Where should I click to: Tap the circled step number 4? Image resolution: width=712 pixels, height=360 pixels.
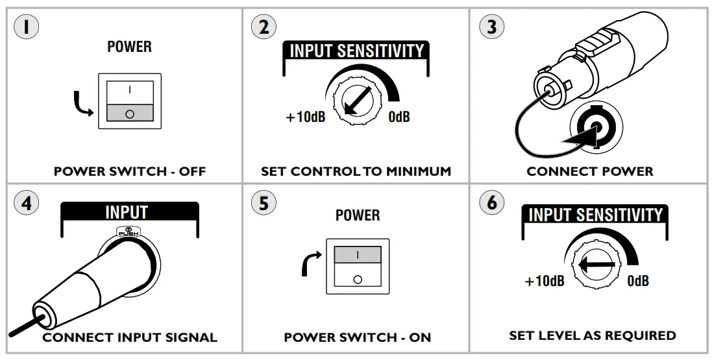(x=26, y=202)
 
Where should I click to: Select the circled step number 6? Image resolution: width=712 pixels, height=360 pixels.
(x=491, y=202)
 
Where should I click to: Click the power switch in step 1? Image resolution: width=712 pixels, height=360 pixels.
(x=130, y=101)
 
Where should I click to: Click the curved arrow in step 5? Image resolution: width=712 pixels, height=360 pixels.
(x=310, y=263)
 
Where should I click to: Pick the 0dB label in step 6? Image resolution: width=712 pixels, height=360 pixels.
(x=637, y=282)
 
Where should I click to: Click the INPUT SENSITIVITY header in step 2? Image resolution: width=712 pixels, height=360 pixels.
(x=356, y=51)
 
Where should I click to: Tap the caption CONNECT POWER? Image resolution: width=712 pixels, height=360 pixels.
(x=589, y=172)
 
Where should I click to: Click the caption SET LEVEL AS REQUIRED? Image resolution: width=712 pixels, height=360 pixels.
(x=592, y=336)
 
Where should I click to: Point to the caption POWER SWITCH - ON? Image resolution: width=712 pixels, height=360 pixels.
(x=357, y=338)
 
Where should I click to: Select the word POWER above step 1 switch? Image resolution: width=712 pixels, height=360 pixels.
(x=129, y=47)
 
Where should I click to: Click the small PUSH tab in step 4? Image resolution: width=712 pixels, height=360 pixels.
(x=127, y=231)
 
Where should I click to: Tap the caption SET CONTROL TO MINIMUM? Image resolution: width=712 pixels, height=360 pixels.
(x=356, y=172)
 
